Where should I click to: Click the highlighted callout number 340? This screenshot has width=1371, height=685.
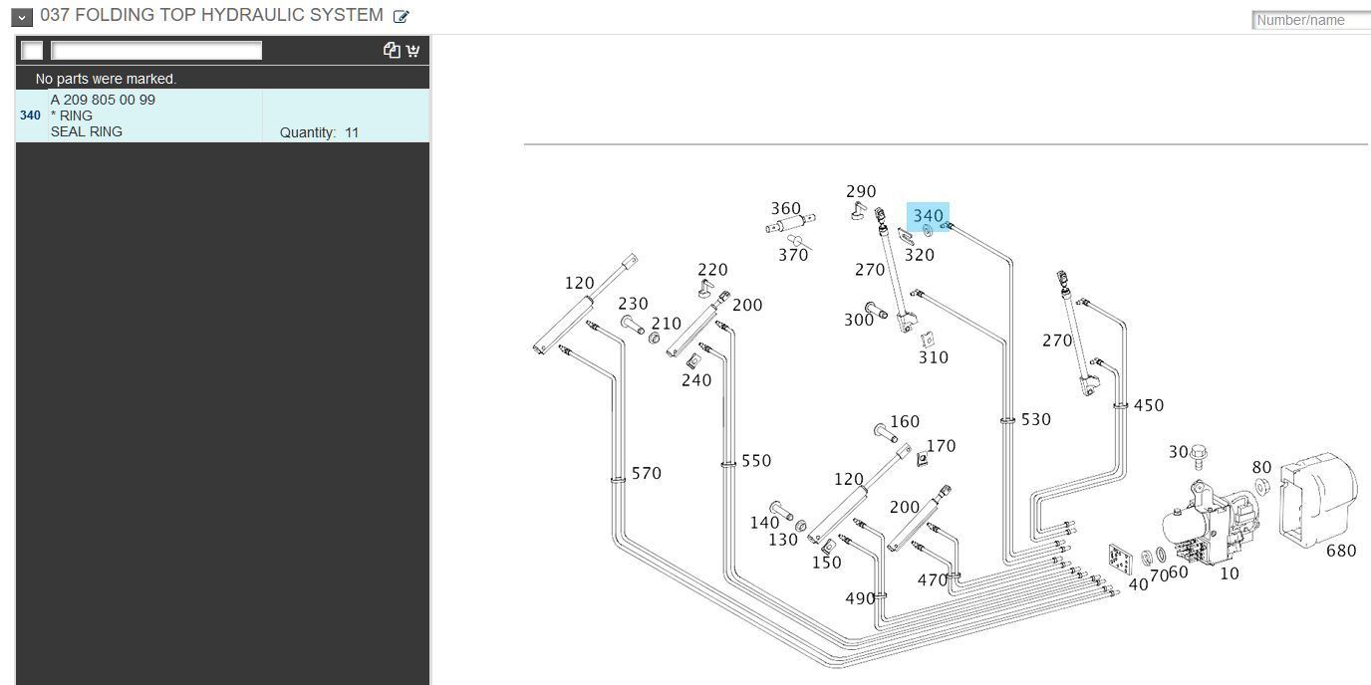928,216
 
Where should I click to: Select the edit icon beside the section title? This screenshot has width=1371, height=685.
401,17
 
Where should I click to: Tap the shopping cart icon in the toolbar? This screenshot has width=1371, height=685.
412,50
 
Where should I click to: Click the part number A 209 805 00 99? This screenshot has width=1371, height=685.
103,100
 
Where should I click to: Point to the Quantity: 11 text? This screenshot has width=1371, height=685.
319,132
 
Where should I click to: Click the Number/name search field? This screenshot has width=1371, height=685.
1311,20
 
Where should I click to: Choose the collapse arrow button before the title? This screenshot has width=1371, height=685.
22,17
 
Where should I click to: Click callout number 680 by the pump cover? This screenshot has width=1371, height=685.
1341,551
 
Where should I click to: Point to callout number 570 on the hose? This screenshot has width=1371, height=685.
647,473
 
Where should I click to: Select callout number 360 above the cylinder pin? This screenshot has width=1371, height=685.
786,208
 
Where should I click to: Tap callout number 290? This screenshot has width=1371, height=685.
861,191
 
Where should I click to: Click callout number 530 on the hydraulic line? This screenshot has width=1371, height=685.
1035,419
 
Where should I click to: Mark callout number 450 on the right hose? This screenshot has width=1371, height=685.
1148,405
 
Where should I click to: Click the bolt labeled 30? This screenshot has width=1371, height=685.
1199,456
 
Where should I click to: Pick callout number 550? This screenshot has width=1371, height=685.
756,461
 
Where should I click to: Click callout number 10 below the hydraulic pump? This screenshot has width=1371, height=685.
1230,573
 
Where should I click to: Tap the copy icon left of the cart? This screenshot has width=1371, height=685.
392,50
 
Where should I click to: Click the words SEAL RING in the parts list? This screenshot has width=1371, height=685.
87,131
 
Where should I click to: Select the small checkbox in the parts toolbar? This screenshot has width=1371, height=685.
32,50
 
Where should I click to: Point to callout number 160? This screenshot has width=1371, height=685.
905,421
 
